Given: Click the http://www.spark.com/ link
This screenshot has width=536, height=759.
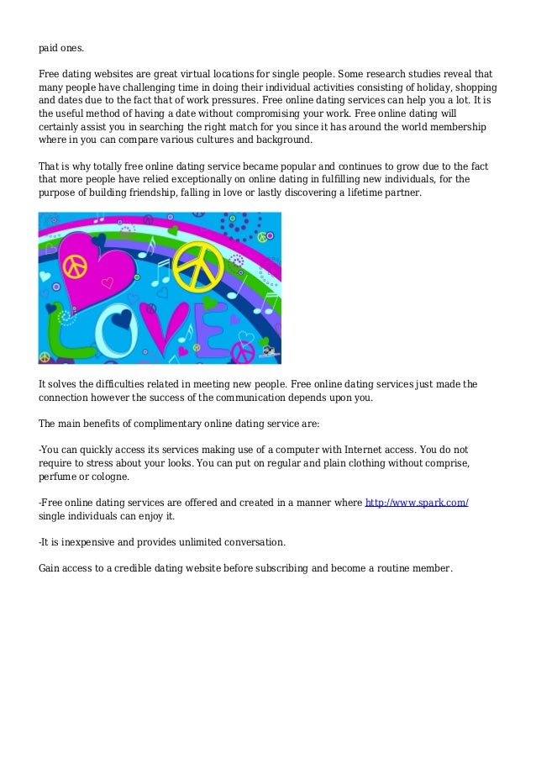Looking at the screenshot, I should pyautogui.click(x=416, y=503).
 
